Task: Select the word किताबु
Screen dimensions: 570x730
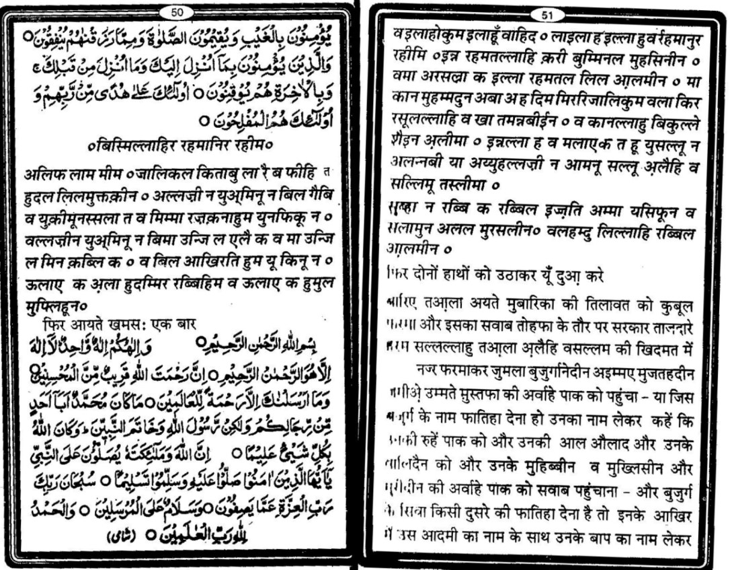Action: click(231, 176)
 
